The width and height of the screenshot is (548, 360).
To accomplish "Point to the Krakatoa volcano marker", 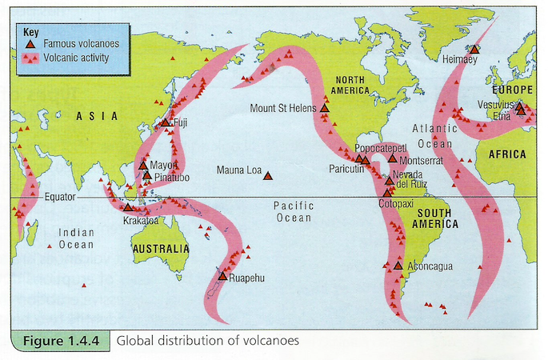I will [128, 207].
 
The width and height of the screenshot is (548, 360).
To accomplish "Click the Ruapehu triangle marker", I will [223, 276].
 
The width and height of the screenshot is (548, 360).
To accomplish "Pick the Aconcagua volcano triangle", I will [398, 265].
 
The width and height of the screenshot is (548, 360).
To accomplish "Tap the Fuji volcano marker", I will [165, 122].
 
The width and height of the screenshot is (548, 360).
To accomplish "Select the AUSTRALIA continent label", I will [162, 248].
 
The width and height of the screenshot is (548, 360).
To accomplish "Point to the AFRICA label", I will [508, 154].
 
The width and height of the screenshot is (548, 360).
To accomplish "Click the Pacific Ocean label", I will [293, 211].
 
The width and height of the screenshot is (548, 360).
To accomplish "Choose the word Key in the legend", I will [30, 31].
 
